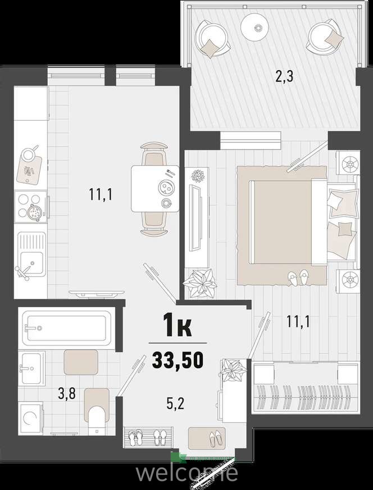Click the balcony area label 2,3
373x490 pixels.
[284, 76]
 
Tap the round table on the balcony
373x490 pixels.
[255, 27]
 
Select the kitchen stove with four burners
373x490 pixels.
[31, 207]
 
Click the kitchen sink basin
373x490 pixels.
[31, 263]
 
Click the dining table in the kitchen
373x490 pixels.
[155, 189]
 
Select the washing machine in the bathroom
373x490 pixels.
[31, 418]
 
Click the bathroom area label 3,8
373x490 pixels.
[67, 394]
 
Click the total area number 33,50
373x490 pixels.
[178, 360]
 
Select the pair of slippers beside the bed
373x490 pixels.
[298, 277]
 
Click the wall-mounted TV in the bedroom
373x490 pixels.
[195, 217]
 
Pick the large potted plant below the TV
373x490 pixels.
[200, 282]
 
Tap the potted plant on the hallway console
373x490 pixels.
[233, 370]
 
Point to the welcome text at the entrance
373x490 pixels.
[186, 473]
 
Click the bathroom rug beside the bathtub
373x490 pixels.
[81, 362]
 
